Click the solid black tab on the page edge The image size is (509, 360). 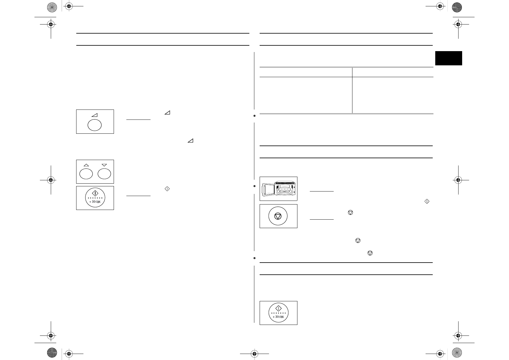(x=449, y=58)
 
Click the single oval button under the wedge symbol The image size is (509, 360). (x=95, y=125)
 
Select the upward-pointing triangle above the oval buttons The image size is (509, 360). (x=86, y=165)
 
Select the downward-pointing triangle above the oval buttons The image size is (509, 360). (x=104, y=165)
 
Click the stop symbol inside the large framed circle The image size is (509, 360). (x=278, y=216)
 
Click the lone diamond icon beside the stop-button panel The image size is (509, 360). (x=427, y=201)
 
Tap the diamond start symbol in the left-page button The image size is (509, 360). (x=95, y=193)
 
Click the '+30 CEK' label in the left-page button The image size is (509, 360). (x=95, y=202)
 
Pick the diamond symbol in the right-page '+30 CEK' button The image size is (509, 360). (x=278, y=308)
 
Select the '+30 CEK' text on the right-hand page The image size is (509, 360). (x=278, y=317)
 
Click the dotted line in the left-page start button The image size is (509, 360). (x=95, y=198)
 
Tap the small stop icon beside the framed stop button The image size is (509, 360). (x=350, y=213)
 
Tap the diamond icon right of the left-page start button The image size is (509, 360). (x=167, y=188)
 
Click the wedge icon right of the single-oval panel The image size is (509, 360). (x=167, y=113)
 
